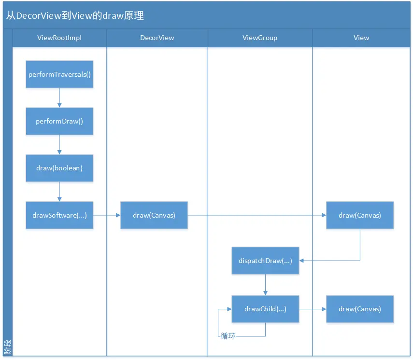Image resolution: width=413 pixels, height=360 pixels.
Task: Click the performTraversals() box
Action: point(59,74)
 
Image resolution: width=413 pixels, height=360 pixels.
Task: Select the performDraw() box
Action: point(59,121)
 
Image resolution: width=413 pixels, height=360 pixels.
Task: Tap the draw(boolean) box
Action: point(59,168)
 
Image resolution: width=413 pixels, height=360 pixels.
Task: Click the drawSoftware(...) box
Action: point(59,215)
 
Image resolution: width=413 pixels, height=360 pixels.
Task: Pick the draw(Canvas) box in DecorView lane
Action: point(154,215)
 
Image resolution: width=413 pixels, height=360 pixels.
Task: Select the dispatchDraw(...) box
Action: point(265,261)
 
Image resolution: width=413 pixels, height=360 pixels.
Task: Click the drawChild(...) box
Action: point(265,309)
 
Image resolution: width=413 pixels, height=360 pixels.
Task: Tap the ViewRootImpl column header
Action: point(59,38)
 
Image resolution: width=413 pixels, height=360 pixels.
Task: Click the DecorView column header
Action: point(157,38)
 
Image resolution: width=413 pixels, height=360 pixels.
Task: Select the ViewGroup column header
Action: point(260,38)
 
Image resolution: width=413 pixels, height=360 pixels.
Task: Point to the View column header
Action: point(361,38)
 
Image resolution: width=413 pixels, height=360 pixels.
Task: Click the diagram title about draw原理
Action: point(75,15)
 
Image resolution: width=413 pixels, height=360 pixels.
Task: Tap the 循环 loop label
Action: point(228,336)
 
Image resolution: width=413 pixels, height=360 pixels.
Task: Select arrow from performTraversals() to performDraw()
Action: point(59,97)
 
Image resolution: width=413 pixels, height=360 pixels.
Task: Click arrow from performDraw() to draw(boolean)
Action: point(59,144)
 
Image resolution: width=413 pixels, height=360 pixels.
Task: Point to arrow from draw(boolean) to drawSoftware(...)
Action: point(59,191)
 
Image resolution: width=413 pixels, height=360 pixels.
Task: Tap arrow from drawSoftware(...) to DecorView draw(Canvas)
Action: point(106,215)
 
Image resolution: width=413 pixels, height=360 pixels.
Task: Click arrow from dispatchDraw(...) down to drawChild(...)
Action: point(265,285)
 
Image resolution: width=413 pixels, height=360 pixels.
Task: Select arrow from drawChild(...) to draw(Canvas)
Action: point(313,309)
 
